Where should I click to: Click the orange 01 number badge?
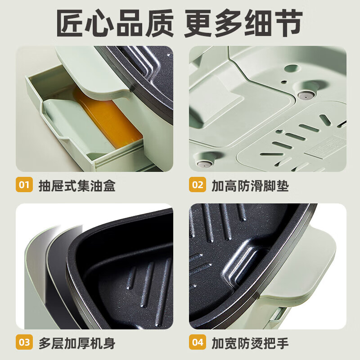tap(24, 185)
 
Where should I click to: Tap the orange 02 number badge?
tap(198, 185)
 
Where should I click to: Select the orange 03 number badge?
tap(24, 342)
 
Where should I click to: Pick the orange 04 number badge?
tap(198, 342)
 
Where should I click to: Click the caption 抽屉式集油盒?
tap(76, 185)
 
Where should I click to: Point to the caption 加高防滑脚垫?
tap(250, 185)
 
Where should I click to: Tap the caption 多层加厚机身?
tap(76, 343)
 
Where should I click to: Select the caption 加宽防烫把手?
tap(250, 343)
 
